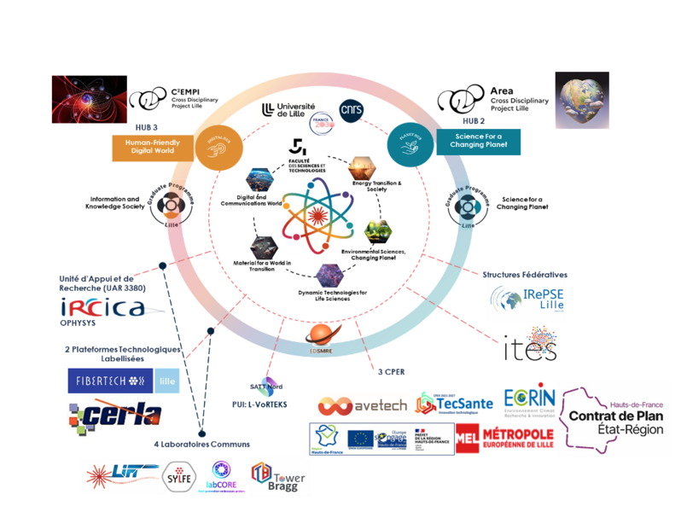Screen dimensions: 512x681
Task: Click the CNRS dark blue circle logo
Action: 352,110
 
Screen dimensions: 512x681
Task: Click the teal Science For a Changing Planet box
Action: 478,141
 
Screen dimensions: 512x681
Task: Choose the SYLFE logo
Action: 178,475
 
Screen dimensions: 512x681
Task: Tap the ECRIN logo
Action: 529,399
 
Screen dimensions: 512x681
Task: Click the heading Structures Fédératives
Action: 524,275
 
